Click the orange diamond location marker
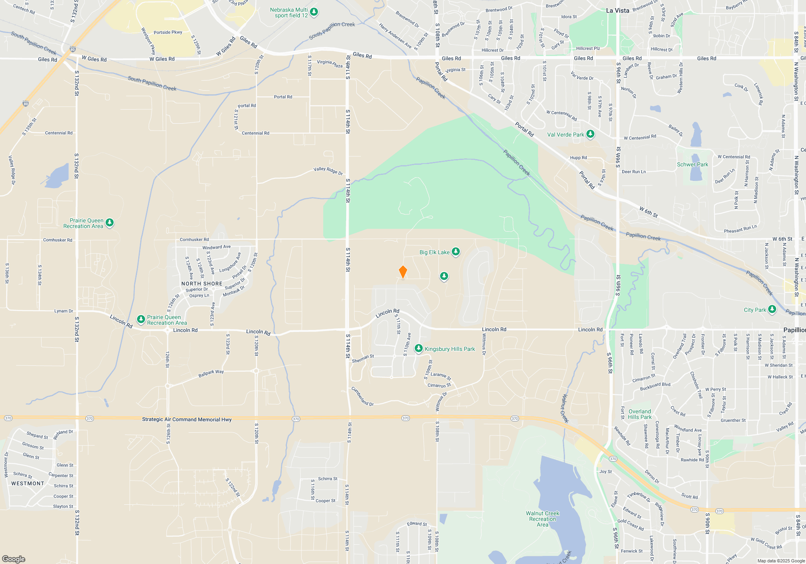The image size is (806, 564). (x=403, y=272)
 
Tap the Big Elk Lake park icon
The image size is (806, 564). (x=456, y=252)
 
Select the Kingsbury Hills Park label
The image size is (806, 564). (x=450, y=349)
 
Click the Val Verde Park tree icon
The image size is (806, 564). (x=590, y=134)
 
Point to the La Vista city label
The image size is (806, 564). (x=617, y=10)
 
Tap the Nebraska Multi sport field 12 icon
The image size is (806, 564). (x=314, y=12)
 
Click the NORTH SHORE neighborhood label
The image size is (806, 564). (x=201, y=284)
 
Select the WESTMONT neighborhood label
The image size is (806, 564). (x=28, y=483)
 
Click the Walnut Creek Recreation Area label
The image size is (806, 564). (x=542, y=519)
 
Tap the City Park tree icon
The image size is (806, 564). (x=772, y=309)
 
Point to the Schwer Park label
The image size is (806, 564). (x=692, y=164)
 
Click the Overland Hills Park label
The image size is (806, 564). (x=640, y=414)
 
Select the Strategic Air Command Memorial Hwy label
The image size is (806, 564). (x=187, y=419)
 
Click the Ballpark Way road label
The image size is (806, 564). (x=211, y=373)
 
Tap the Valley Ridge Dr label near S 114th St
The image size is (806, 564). (x=328, y=171)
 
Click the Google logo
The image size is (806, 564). (x=14, y=559)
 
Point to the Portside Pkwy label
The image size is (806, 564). (x=168, y=32)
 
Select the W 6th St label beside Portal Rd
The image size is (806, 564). (x=648, y=212)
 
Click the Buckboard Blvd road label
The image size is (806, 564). (x=655, y=386)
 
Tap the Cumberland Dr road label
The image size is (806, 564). (x=362, y=396)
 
